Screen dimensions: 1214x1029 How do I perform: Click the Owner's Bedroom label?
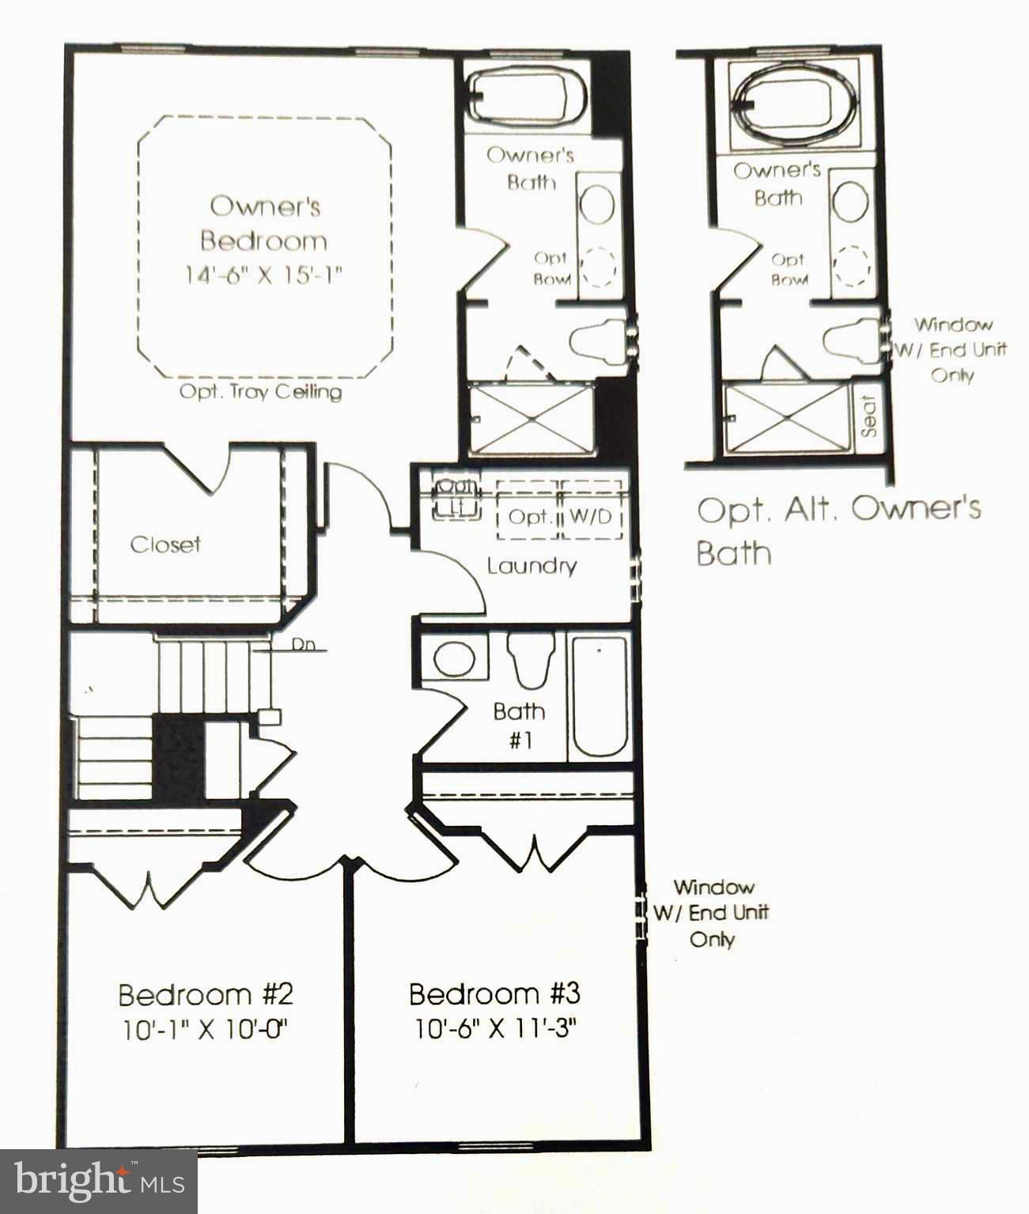(x=264, y=223)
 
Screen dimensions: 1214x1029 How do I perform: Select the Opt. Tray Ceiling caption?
(x=260, y=392)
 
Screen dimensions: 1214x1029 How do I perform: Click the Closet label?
(x=165, y=545)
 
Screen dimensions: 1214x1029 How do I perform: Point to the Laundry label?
(x=532, y=566)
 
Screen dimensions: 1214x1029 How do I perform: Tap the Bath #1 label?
(x=518, y=725)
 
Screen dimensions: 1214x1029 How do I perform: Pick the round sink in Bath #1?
(x=455, y=658)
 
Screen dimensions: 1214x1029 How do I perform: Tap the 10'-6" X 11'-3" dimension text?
(x=495, y=1029)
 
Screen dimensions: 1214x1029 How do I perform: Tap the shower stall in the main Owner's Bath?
(x=531, y=418)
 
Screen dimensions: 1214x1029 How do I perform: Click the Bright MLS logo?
(x=98, y=1181)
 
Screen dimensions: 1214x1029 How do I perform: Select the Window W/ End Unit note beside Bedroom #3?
(x=711, y=913)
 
